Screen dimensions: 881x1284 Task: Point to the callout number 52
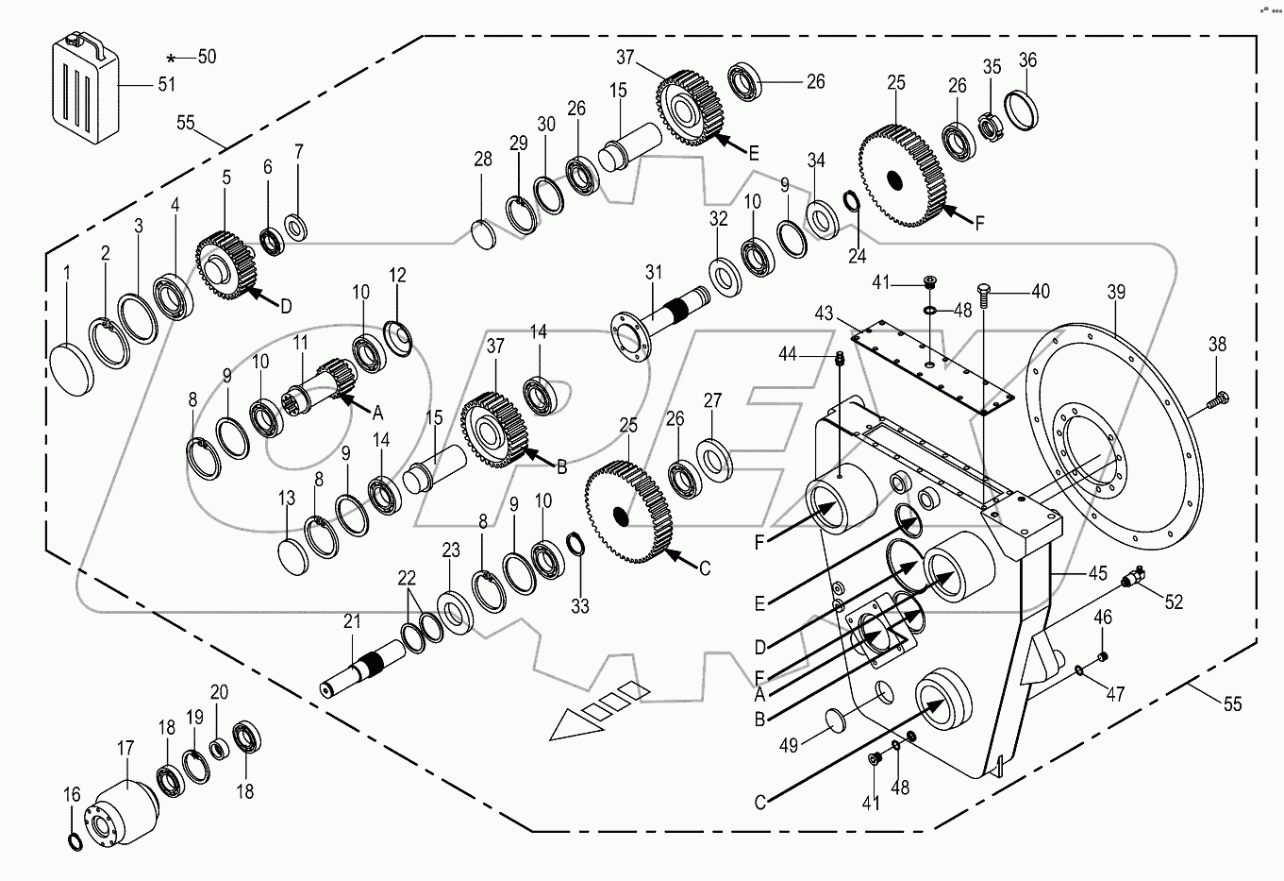click(1173, 600)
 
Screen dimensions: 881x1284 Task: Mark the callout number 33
click(579, 606)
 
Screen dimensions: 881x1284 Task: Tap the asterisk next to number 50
click(172, 58)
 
